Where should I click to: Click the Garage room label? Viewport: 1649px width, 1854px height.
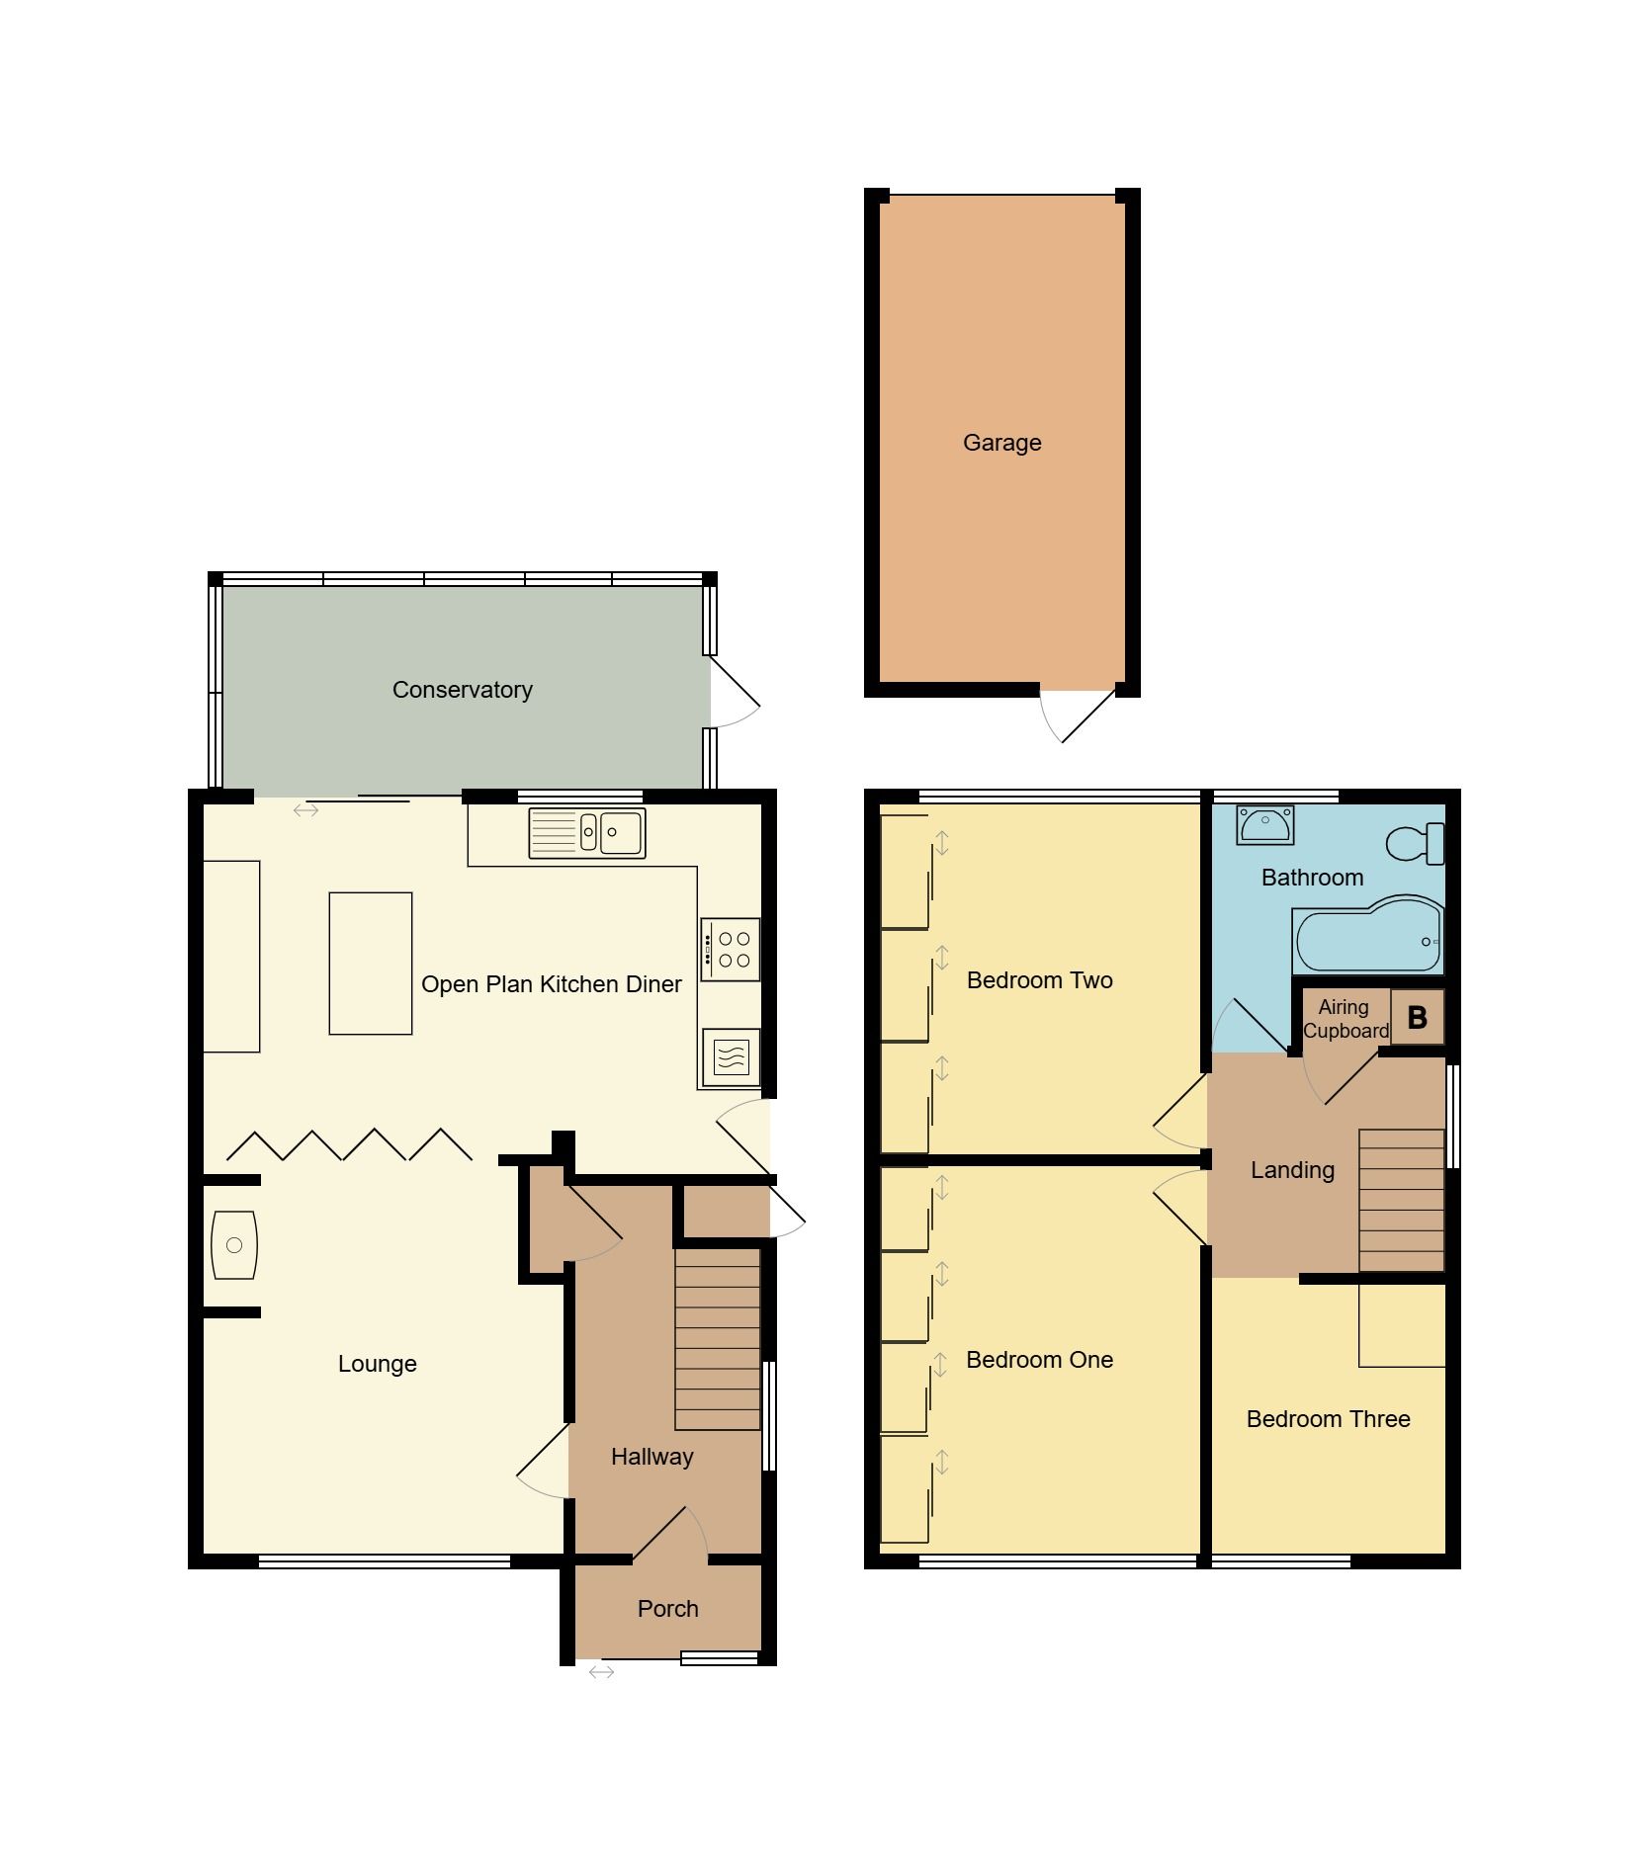pos(1001,443)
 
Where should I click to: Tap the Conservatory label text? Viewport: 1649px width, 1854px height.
pos(462,690)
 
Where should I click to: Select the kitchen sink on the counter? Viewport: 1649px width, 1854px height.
pos(587,832)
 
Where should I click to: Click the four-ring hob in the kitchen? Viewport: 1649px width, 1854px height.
pos(731,949)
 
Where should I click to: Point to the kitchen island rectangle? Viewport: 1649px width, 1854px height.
pos(370,963)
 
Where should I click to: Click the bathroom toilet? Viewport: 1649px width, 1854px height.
pos(1417,844)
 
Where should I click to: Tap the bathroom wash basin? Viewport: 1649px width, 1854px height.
pos(1264,824)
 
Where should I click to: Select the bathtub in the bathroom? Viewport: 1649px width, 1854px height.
pos(1368,936)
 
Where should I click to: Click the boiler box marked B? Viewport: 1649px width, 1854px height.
pos(1417,1018)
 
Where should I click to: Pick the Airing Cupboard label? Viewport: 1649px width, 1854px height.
pos(1345,1019)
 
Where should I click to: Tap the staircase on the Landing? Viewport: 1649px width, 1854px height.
pos(1401,1200)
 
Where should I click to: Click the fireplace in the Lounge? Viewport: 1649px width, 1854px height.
pos(234,1245)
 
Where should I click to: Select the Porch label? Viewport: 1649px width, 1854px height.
pos(667,1609)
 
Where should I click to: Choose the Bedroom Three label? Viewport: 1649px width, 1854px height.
pos(1328,1419)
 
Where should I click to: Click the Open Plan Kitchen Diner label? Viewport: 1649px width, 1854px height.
pos(551,984)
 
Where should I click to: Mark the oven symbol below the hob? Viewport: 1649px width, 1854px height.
pos(730,1057)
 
